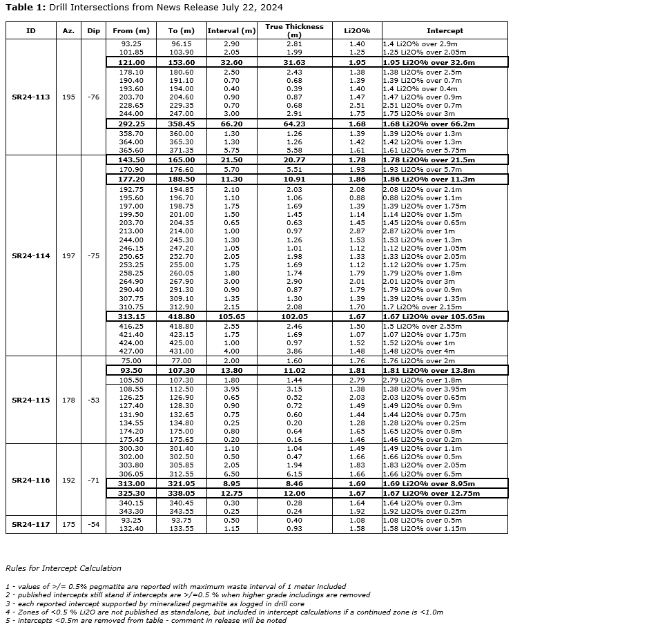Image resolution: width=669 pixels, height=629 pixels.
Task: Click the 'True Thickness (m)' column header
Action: (x=294, y=30)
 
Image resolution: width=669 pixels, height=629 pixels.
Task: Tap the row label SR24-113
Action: (x=31, y=97)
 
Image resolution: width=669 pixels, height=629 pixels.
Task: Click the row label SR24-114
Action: (x=31, y=256)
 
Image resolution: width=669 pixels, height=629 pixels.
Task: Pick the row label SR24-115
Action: (x=31, y=400)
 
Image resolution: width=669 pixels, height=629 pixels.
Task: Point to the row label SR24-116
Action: (x=31, y=481)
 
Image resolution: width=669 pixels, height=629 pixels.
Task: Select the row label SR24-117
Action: (x=31, y=525)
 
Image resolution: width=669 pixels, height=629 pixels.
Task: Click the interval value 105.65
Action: (x=231, y=317)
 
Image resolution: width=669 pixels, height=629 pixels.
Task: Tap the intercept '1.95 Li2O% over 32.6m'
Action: (x=429, y=63)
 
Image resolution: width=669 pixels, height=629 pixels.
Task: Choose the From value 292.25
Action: (x=131, y=124)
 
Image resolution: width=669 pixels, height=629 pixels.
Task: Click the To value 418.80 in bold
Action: (x=182, y=317)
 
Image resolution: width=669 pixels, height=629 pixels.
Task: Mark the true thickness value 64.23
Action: (x=294, y=124)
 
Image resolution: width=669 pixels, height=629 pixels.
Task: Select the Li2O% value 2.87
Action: (x=357, y=231)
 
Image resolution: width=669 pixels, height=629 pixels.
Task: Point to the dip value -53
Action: (x=93, y=400)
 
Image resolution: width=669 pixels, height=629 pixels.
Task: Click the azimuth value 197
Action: (x=68, y=256)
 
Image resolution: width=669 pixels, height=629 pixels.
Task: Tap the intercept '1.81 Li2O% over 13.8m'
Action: (x=429, y=371)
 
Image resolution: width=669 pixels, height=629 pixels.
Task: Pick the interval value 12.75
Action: (x=231, y=494)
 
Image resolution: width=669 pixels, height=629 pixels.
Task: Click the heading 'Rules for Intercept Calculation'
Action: (x=64, y=568)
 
